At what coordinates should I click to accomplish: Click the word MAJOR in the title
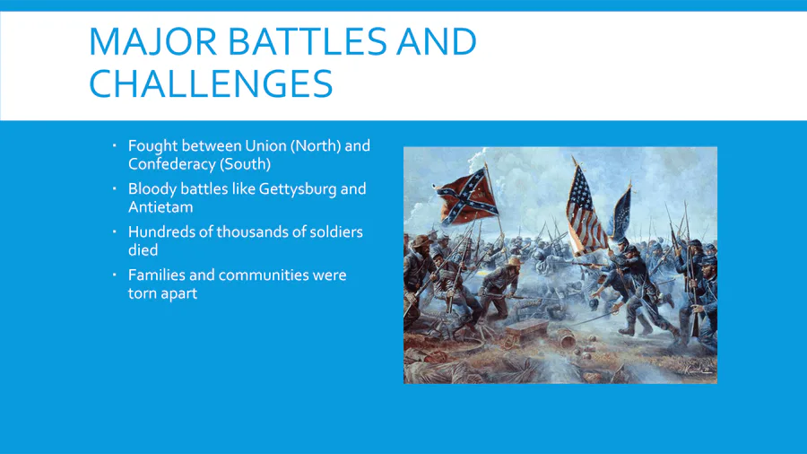tap(153, 41)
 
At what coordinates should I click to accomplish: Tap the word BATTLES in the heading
tap(307, 41)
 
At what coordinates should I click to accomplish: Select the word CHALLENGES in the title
tap(211, 83)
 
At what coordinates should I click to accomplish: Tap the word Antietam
tap(161, 207)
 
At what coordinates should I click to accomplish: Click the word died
tap(143, 250)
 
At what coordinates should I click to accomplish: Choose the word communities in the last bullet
tap(263, 275)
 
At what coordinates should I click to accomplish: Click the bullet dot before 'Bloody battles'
tap(114, 189)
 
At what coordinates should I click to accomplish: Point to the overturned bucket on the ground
tap(567, 340)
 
